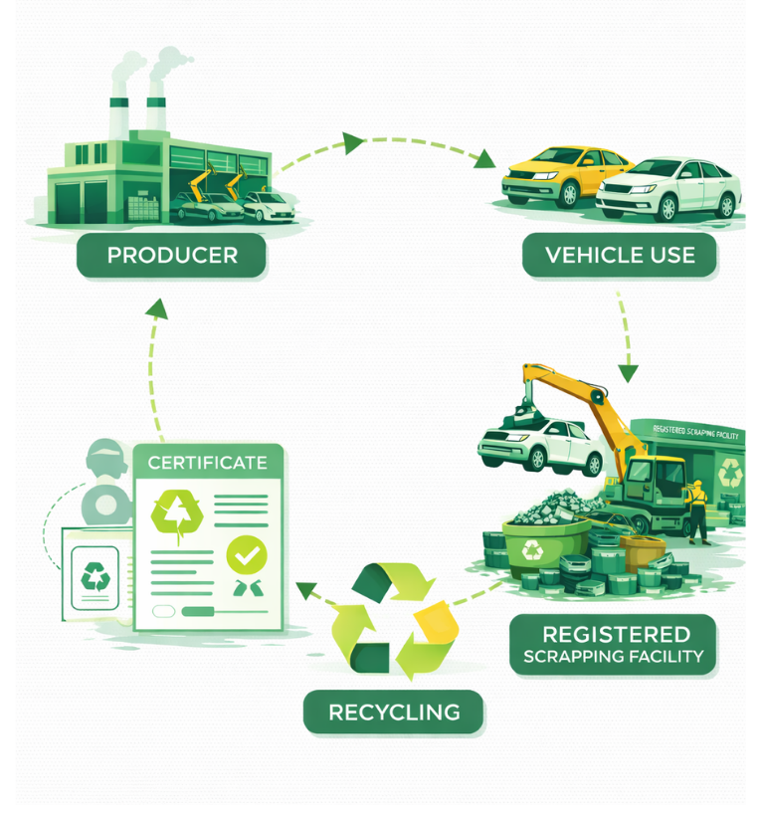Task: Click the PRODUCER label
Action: pyautogui.click(x=172, y=255)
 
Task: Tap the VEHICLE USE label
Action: pyautogui.click(x=620, y=255)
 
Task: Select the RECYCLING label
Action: pyautogui.click(x=394, y=713)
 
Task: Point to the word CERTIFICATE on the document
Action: pyautogui.click(x=207, y=462)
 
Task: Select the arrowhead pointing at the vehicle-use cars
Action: pyautogui.click(x=484, y=160)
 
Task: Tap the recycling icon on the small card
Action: pyautogui.click(x=95, y=576)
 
